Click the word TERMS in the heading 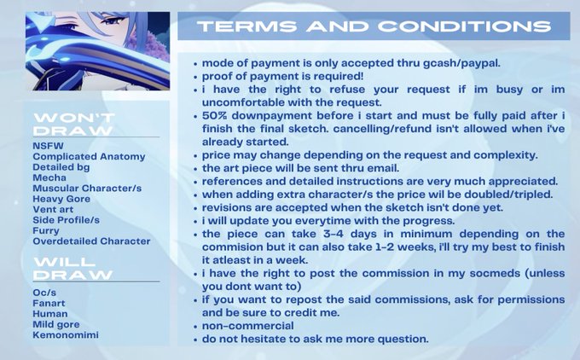point(247,26)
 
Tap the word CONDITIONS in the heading point(464,26)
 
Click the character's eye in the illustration point(112,20)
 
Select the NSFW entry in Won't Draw point(48,146)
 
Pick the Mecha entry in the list point(49,177)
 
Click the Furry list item point(46,231)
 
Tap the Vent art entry point(53,209)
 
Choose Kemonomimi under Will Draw point(66,335)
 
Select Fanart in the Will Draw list point(49,303)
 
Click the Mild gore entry point(56,324)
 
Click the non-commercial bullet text point(248,326)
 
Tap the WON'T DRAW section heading point(74,124)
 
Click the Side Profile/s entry point(67,220)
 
